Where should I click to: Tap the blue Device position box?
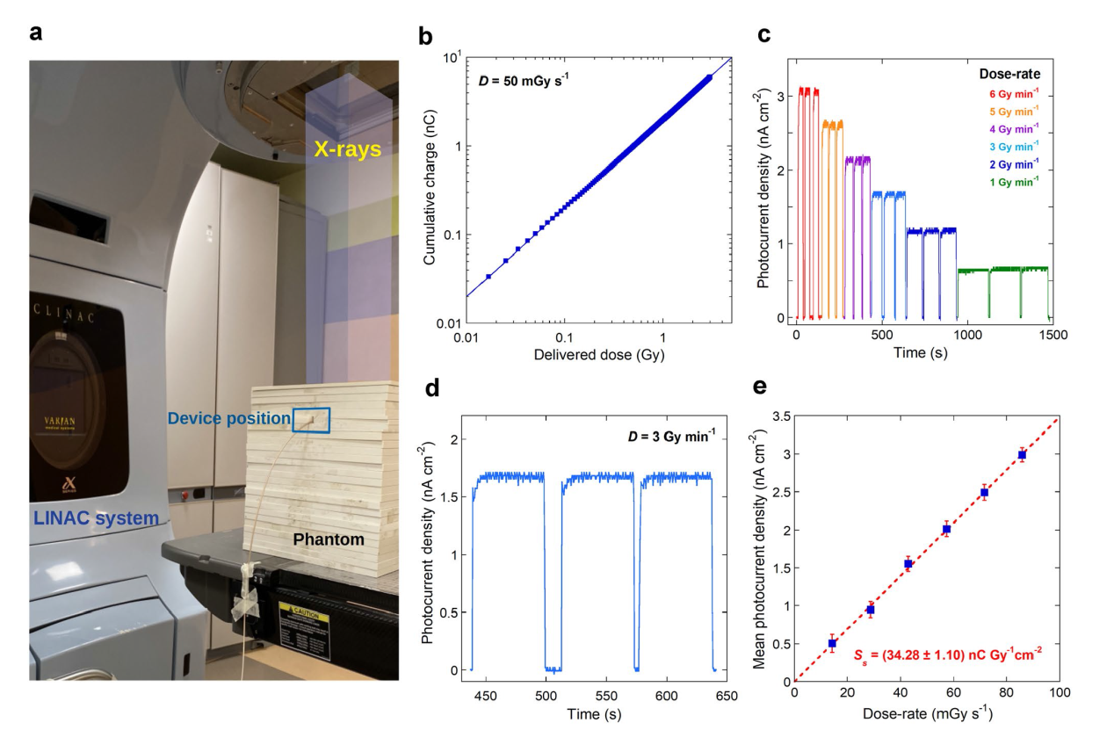click(x=312, y=420)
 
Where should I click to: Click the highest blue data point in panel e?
click(x=1022, y=454)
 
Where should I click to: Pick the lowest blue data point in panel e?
click(x=832, y=643)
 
